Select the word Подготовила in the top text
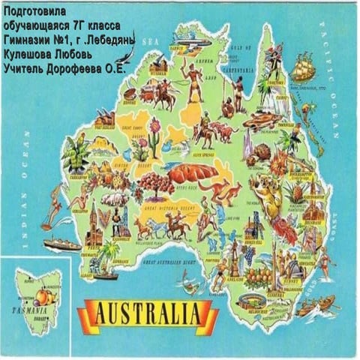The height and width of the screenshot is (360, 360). pyautogui.click(x=35, y=13)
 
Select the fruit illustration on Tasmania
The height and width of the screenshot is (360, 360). pyautogui.click(x=33, y=291)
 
